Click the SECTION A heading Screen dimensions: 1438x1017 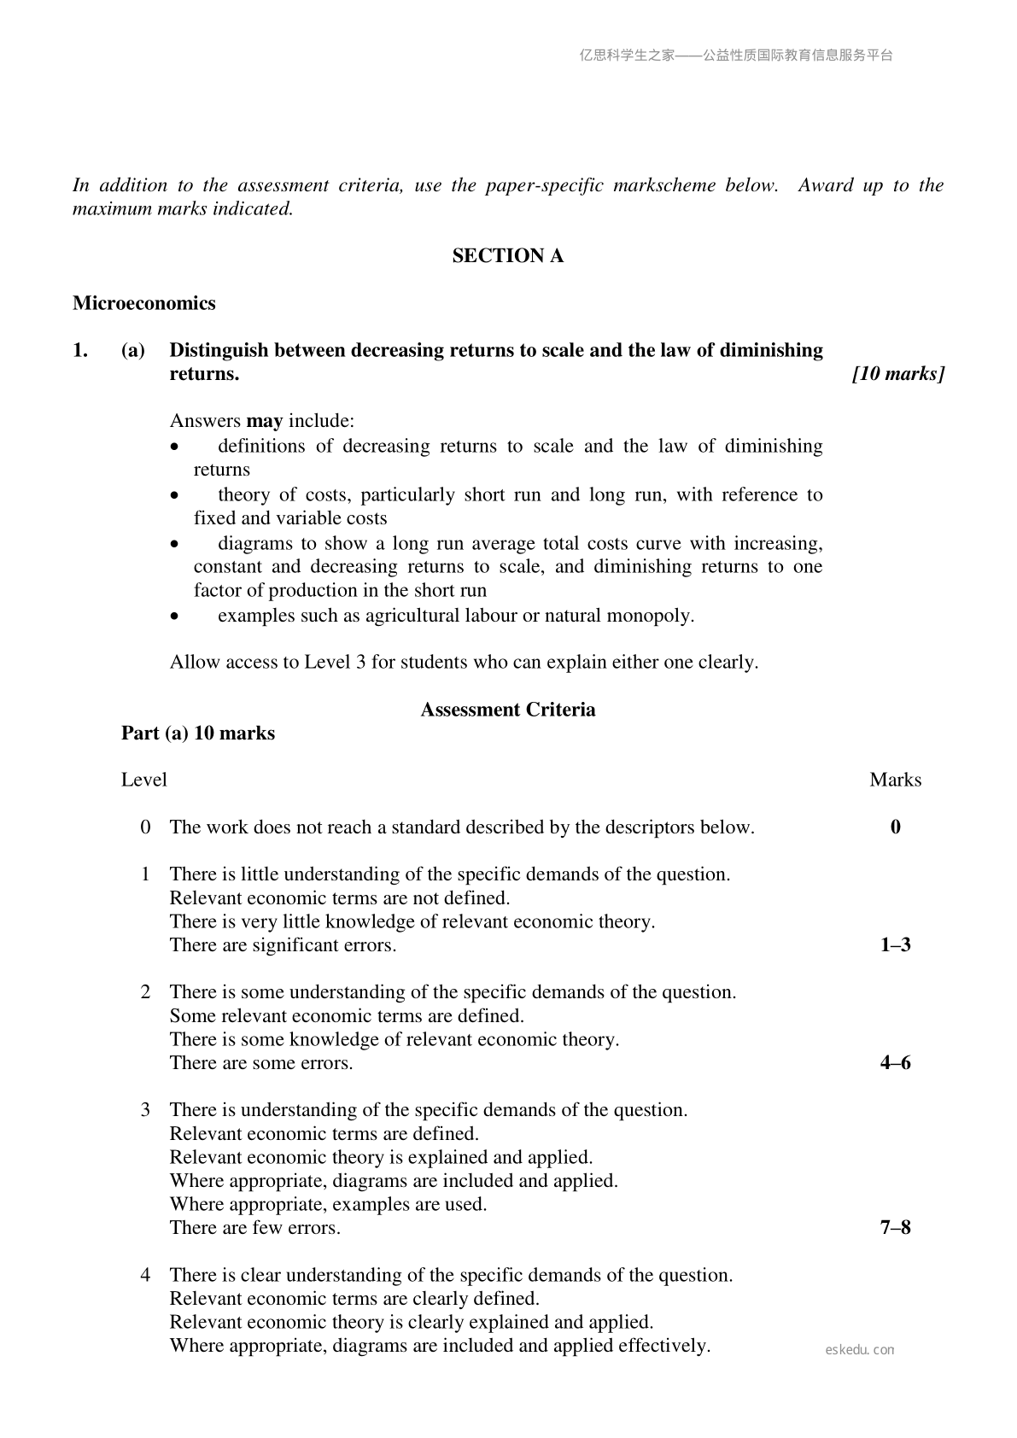507,256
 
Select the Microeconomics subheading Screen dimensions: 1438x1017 143,303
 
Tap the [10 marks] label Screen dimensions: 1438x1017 898,374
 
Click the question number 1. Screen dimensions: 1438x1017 79,350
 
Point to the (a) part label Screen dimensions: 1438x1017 132,350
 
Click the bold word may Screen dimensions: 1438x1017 264,421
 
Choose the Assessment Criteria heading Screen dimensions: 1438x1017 507,710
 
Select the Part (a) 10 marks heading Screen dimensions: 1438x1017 198,734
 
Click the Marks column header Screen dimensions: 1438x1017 895,780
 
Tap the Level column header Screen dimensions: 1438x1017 143,780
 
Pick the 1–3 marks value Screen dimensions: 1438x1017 895,945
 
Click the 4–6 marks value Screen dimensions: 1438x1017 895,1063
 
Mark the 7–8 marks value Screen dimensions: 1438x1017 895,1228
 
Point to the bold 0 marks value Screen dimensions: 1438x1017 895,827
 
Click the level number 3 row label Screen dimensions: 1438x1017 146,1110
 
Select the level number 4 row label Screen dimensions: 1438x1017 146,1275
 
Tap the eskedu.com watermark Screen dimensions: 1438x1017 860,1350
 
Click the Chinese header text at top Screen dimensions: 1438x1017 735,56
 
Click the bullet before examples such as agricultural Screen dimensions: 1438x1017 175,617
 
